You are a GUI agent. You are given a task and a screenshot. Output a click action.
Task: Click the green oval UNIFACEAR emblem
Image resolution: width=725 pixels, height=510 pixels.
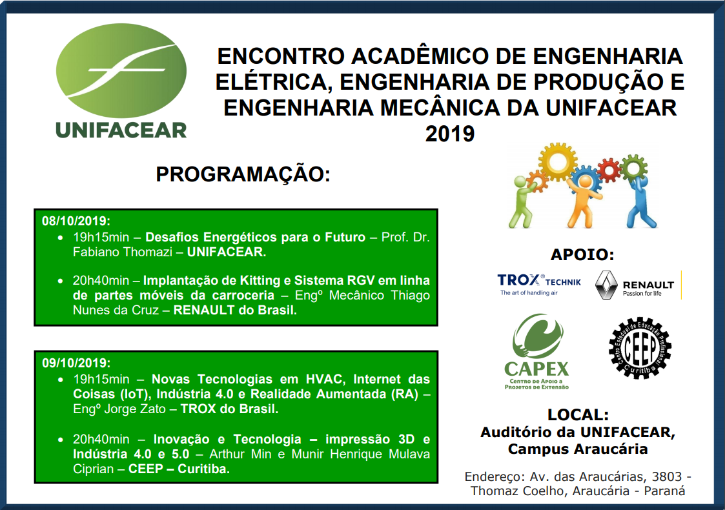click(x=121, y=70)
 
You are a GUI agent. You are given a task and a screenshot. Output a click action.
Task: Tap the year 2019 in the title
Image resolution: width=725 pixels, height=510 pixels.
click(x=450, y=134)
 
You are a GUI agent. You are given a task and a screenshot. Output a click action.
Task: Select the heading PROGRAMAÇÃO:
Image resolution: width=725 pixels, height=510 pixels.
click(x=243, y=174)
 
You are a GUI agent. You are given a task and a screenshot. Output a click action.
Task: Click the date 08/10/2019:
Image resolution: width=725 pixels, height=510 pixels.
click(x=76, y=221)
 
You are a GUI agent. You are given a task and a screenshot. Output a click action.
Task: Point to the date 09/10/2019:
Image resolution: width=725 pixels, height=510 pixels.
click(x=76, y=363)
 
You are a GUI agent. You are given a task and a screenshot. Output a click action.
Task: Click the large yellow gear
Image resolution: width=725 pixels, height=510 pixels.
click(x=558, y=162)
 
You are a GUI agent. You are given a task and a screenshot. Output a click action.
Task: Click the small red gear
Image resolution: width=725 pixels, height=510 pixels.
click(x=609, y=170)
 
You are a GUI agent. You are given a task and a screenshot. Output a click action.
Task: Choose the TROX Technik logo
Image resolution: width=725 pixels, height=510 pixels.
click(x=538, y=285)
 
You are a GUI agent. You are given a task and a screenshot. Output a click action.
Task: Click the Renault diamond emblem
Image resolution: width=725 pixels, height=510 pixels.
click(x=606, y=285)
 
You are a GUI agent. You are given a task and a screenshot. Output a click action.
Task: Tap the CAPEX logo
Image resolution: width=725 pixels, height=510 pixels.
click(x=536, y=351)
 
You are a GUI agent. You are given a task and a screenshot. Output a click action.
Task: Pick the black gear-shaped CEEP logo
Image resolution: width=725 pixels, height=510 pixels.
click(x=640, y=349)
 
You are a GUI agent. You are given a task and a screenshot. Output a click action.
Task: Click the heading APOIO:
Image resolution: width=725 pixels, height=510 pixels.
click(x=582, y=254)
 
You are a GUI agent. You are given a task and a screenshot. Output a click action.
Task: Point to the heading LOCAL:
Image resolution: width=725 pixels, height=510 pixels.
click(x=578, y=414)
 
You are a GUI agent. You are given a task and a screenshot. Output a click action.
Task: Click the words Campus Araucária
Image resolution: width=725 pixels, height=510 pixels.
click(x=578, y=449)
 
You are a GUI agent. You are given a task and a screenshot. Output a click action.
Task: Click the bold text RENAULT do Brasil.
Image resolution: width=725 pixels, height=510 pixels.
click(x=235, y=311)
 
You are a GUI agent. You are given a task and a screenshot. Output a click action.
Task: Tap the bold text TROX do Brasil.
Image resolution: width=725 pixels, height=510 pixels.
click(x=229, y=409)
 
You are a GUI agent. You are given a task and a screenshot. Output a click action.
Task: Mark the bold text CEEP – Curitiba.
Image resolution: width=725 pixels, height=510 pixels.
click(x=179, y=469)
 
